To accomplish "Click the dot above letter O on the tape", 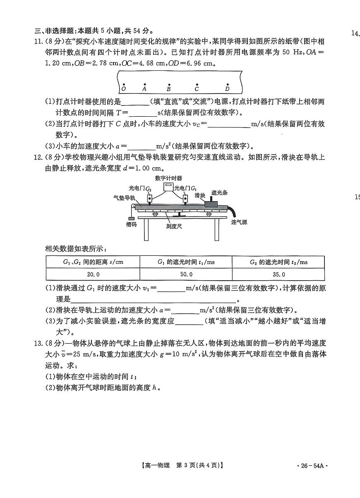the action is [x=124, y=83].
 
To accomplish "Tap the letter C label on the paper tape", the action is [x=197, y=89].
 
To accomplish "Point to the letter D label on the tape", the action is [x=227, y=89].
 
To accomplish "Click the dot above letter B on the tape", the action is [x=169, y=84].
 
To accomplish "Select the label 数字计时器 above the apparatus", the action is [x=168, y=178].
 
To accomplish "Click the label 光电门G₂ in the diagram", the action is [x=140, y=188].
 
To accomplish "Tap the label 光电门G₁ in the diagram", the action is [x=185, y=188].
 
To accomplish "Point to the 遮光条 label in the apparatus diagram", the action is [x=219, y=193].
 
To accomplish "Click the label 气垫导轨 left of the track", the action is [x=123, y=198].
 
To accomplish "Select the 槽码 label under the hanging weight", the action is [x=132, y=224].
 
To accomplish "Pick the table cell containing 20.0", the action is [x=93, y=274].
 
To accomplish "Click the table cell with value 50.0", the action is [x=186, y=274].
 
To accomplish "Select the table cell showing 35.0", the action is [x=278, y=274].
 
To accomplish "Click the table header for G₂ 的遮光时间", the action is [x=278, y=262].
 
